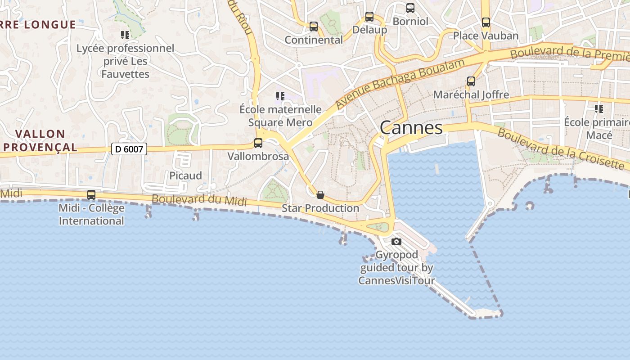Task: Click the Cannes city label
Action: tap(411, 128)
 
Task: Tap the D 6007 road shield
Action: tap(129, 149)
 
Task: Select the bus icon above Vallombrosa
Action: tap(258, 143)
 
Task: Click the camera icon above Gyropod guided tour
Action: tap(396, 242)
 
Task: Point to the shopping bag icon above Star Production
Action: tap(320, 195)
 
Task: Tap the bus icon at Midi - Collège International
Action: tap(91, 195)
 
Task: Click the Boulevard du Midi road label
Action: tap(199, 200)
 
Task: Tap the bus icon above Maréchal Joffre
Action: tap(471, 81)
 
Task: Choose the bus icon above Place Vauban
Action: tap(486, 22)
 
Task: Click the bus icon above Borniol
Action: tap(410, 8)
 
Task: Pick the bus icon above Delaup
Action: tap(369, 17)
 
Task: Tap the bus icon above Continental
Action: tap(314, 27)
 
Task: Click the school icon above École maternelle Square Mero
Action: tap(280, 96)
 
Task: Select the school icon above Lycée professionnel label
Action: tap(125, 35)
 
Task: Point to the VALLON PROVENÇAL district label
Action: tap(40, 140)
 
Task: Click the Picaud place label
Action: tap(185, 175)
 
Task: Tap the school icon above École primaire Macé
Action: tap(599, 108)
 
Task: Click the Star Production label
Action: tap(320, 208)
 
